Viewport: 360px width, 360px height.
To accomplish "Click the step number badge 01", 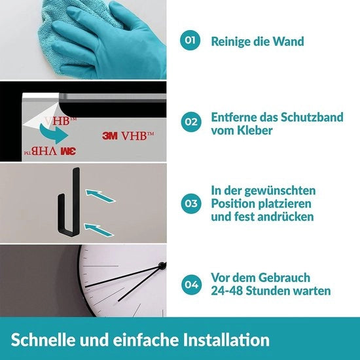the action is [190, 40].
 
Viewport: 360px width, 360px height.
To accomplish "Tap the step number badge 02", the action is [191, 122].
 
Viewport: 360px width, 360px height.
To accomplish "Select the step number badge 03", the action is [191, 204].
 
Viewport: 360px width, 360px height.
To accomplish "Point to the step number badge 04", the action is [192, 285].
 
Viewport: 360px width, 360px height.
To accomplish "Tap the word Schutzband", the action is [312, 117].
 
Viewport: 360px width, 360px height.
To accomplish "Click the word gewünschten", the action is [280, 190].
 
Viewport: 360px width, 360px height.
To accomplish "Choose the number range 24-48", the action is [227, 291].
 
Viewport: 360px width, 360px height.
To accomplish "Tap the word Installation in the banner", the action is [226, 340].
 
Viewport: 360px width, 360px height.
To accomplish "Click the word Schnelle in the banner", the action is [43, 340].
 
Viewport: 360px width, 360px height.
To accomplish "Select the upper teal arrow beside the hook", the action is [100, 196].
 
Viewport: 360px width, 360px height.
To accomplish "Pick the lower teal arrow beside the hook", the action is [99, 230].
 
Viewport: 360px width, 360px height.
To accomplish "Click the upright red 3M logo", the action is [110, 135].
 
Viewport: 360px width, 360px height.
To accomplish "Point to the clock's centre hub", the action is [162, 266].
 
